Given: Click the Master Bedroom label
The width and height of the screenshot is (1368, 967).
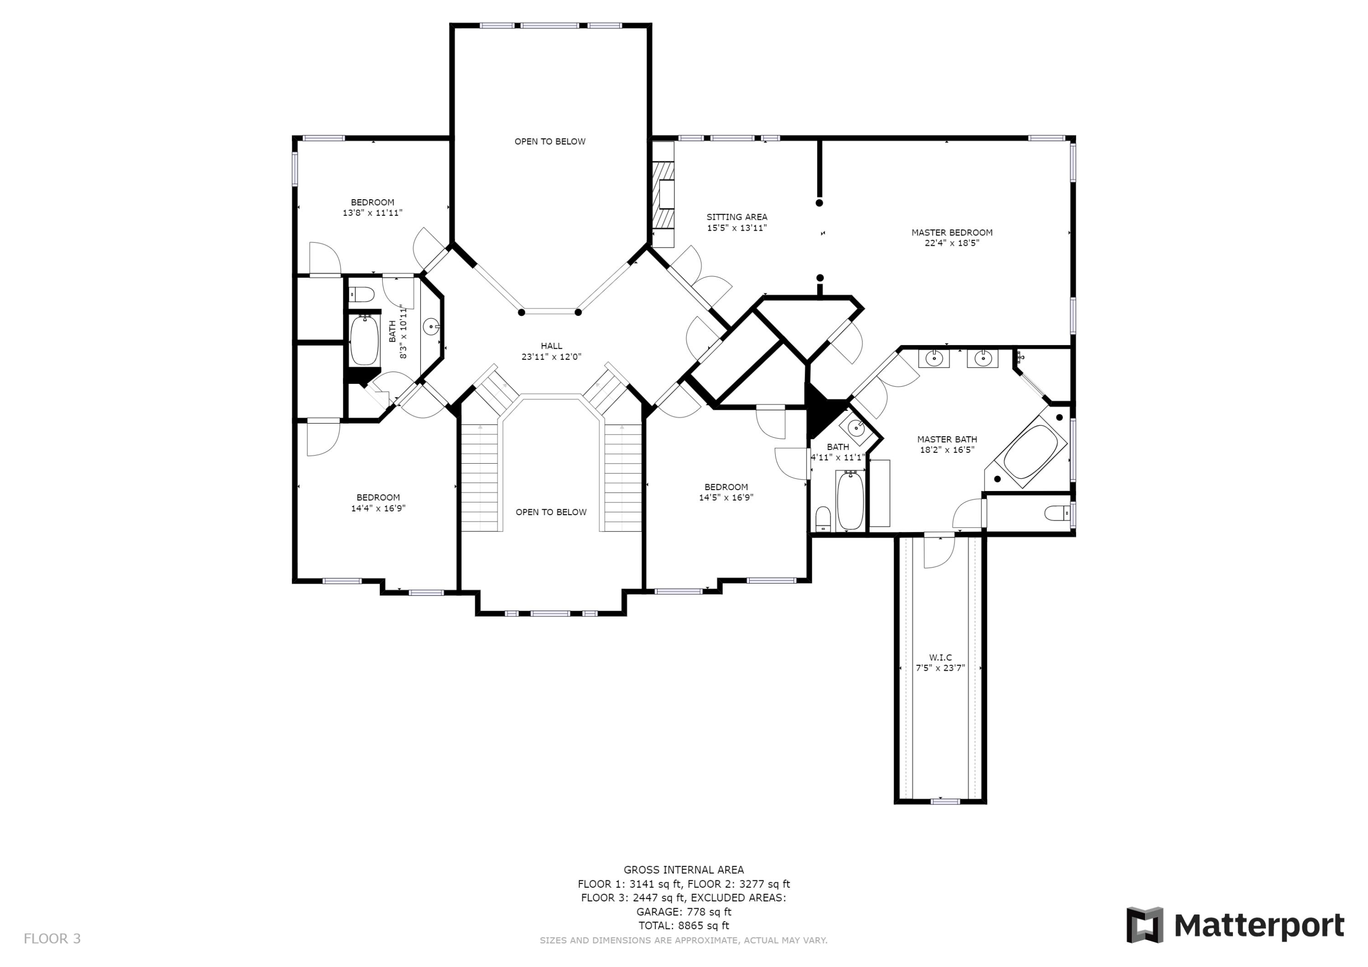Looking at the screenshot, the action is (x=952, y=233).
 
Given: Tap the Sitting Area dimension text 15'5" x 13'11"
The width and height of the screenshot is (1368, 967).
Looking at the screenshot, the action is (x=736, y=228).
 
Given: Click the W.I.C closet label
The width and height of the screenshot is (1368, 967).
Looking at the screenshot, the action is (x=940, y=657).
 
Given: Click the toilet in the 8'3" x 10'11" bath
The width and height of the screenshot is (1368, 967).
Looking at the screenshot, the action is (x=361, y=294).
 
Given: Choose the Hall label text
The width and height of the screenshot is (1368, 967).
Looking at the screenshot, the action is (x=551, y=346).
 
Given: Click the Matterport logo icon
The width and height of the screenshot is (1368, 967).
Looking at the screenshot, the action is (x=1145, y=926).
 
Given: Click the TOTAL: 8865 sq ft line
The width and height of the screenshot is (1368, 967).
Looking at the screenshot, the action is (x=684, y=926).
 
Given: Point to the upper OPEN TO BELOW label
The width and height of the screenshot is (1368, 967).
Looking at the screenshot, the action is (x=550, y=141).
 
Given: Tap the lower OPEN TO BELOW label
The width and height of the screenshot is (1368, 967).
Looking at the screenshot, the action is (x=551, y=512).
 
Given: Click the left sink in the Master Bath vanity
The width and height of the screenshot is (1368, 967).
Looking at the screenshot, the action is (x=933, y=359).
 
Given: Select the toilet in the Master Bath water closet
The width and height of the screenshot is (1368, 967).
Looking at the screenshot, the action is (x=1059, y=512).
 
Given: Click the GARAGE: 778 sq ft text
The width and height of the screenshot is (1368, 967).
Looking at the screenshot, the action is (x=684, y=911).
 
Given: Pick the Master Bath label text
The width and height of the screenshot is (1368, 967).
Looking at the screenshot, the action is (x=947, y=439).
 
